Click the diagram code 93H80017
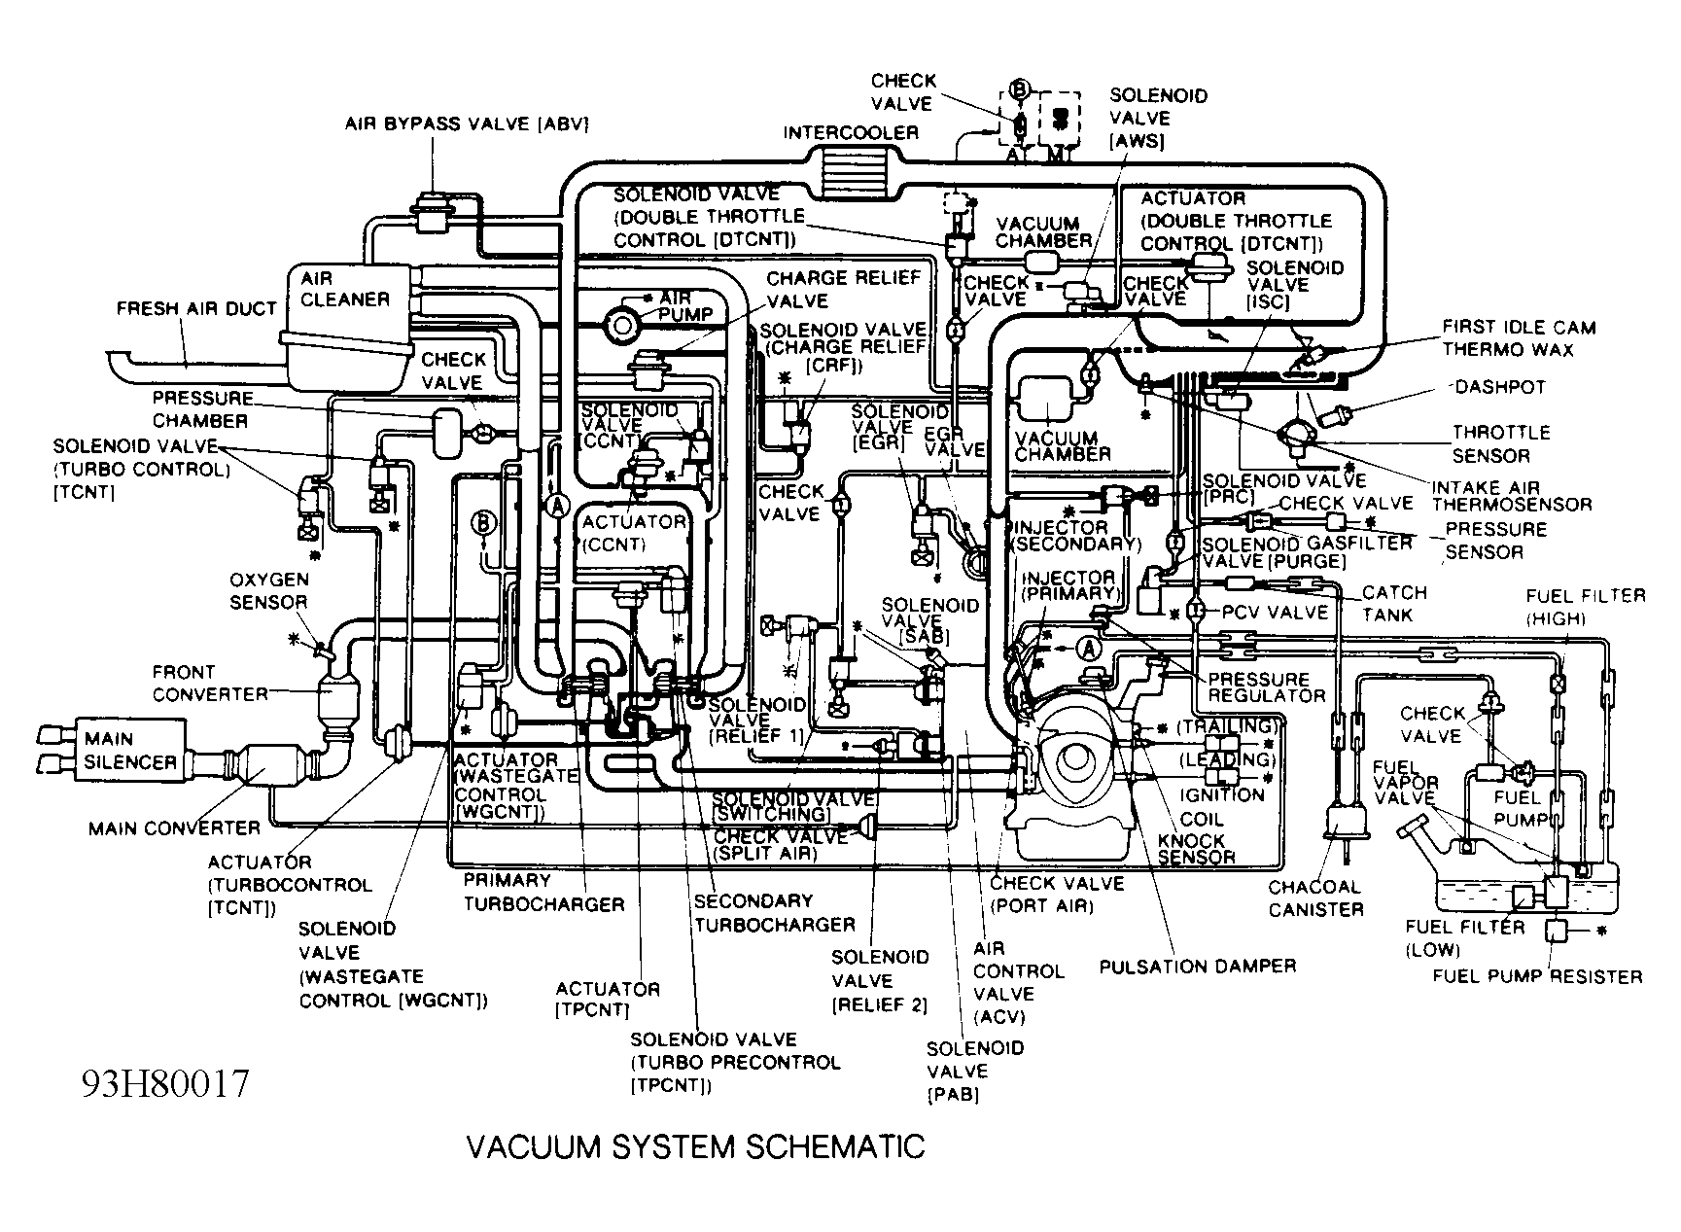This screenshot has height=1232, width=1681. coord(165,1082)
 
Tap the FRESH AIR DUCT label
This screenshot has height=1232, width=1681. coord(196,309)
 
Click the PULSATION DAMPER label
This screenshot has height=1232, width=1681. coord(1198,966)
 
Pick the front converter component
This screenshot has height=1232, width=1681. coord(334,702)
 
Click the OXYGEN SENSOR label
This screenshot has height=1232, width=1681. coord(269,590)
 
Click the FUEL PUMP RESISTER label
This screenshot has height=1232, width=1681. coord(1537,976)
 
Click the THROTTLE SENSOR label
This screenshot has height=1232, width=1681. coord(1500,443)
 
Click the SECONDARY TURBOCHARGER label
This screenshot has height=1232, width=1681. coord(774,912)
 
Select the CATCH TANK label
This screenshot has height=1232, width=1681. coord(1394,603)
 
